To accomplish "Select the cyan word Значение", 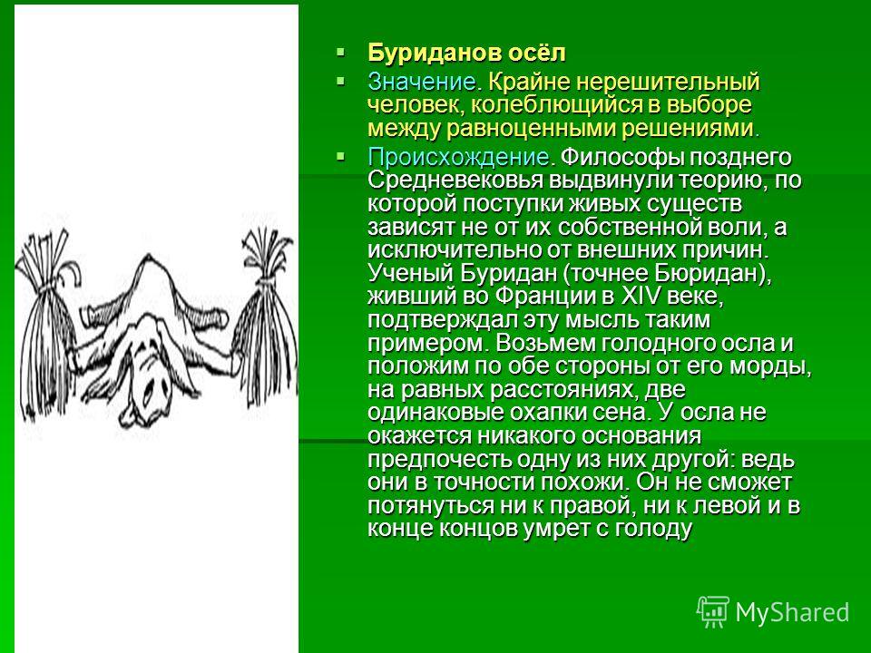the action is pyautogui.click(x=422, y=82).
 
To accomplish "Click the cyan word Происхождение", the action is pyautogui.click(x=458, y=157).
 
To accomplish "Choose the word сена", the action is pyautogui.click(x=621, y=413).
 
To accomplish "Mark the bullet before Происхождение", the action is pyautogui.click(x=340, y=157).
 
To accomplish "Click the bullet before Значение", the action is pyautogui.click(x=340, y=82).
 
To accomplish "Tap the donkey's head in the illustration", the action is pyautogui.click(x=149, y=383).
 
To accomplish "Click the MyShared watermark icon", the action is pyautogui.click(x=713, y=612).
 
